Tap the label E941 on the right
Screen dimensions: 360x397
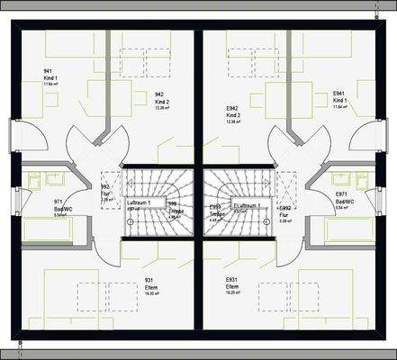(x=339, y=93)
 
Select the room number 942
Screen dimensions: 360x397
(x=159, y=94)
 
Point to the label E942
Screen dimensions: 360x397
(x=231, y=108)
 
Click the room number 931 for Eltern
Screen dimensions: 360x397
(x=149, y=279)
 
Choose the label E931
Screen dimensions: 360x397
(x=232, y=279)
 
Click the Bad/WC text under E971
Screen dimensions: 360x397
(x=344, y=202)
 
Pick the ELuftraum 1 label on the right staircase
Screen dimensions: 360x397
(x=248, y=205)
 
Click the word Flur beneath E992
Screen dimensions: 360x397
(x=284, y=216)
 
